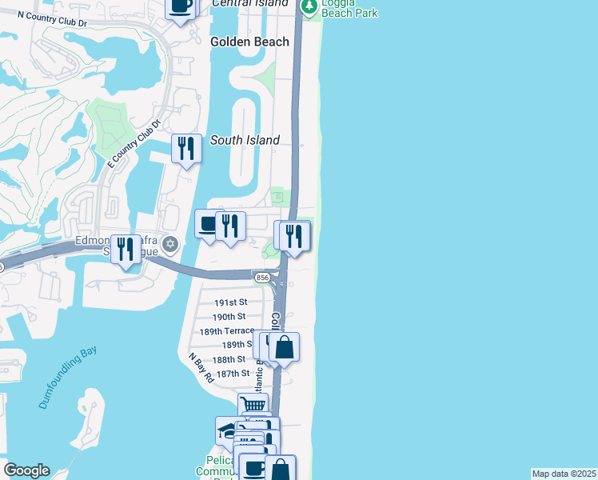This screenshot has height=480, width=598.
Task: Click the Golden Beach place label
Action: pos(249,42)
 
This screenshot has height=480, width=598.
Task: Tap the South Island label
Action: pos(245,140)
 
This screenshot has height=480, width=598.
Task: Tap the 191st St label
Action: pos(231,302)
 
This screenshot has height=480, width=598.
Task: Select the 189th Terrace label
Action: pos(226,331)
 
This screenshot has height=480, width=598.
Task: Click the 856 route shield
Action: pos(261,278)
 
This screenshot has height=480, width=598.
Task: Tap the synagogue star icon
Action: pos(169,243)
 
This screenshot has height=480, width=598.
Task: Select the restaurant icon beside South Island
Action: pos(186,148)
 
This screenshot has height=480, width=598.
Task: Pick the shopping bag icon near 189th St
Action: pos(284,347)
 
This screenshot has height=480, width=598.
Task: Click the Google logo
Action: pos(26,470)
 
